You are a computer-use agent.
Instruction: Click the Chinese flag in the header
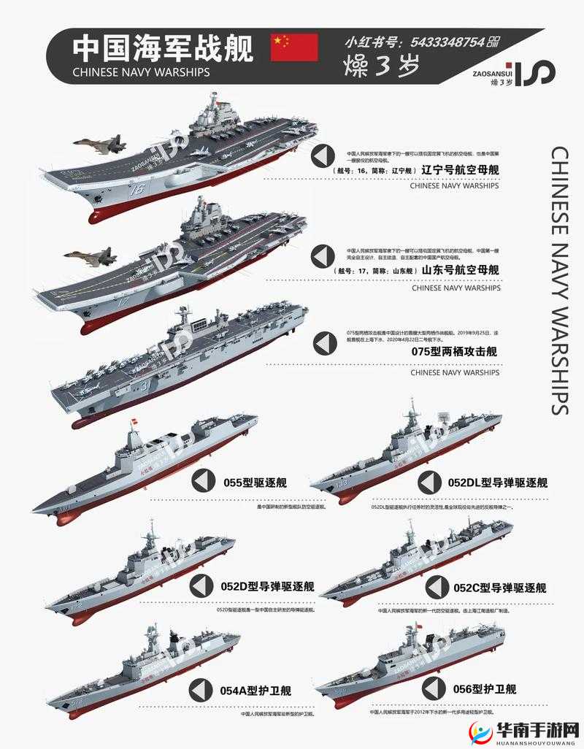pyautogui.click(x=295, y=47)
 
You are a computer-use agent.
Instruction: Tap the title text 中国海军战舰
pyautogui.click(x=162, y=49)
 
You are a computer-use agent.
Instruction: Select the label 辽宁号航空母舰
pyautogui.click(x=460, y=170)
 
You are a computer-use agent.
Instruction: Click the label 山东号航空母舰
pyautogui.click(x=460, y=270)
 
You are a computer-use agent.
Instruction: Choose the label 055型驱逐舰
pyautogui.click(x=255, y=482)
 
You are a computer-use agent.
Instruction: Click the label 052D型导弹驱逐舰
pyautogui.click(x=267, y=586)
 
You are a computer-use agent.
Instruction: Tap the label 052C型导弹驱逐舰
pyautogui.click(x=499, y=588)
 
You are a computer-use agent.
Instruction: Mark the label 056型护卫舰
pyautogui.click(x=485, y=688)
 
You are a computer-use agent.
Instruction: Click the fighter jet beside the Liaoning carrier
pyautogui.click(x=99, y=145)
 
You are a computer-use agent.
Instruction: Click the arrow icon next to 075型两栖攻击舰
pyautogui.click(x=323, y=342)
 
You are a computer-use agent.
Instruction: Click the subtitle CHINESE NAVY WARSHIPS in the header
pyautogui.click(x=142, y=72)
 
